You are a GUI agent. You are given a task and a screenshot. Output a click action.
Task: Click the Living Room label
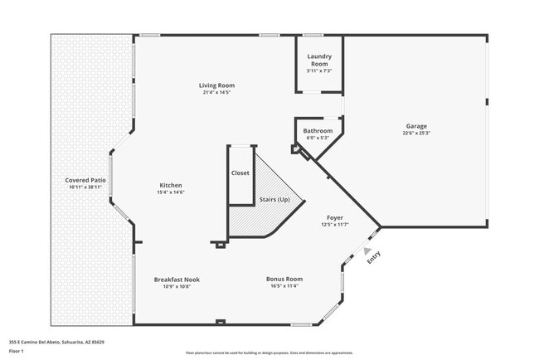click(x=216, y=85)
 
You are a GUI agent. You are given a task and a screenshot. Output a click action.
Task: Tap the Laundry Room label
click(x=320, y=61)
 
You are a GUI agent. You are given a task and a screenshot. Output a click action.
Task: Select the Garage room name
click(x=416, y=125)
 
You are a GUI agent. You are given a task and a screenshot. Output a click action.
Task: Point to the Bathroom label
click(x=318, y=131)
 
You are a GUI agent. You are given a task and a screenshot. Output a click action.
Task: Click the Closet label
click(x=240, y=173)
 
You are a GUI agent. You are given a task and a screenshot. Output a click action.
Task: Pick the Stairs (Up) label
click(x=274, y=200)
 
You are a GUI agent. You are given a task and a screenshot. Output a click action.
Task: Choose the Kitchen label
click(x=171, y=185)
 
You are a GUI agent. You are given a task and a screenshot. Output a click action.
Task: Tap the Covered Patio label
click(x=86, y=180)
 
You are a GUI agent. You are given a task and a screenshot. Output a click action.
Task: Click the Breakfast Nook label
click(x=177, y=280)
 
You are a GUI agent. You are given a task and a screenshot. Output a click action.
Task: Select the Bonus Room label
click(x=284, y=280)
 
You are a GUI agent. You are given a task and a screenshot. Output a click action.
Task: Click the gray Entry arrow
click(x=368, y=251)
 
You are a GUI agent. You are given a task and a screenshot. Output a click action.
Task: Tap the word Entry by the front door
click(x=374, y=258)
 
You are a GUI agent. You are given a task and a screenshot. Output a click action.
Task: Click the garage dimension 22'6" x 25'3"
click(x=416, y=133)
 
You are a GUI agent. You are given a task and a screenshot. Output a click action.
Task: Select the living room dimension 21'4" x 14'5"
click(x=216, y=93)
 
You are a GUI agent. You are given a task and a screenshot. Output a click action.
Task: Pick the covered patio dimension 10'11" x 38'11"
click(x=86, y=187)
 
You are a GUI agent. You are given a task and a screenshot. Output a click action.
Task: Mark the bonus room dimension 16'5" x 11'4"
click(x=284, y=287)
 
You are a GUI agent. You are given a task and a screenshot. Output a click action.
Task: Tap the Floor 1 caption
click(x=17, y=351)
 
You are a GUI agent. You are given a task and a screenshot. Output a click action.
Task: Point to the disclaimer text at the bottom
click(x=269, y=353)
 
